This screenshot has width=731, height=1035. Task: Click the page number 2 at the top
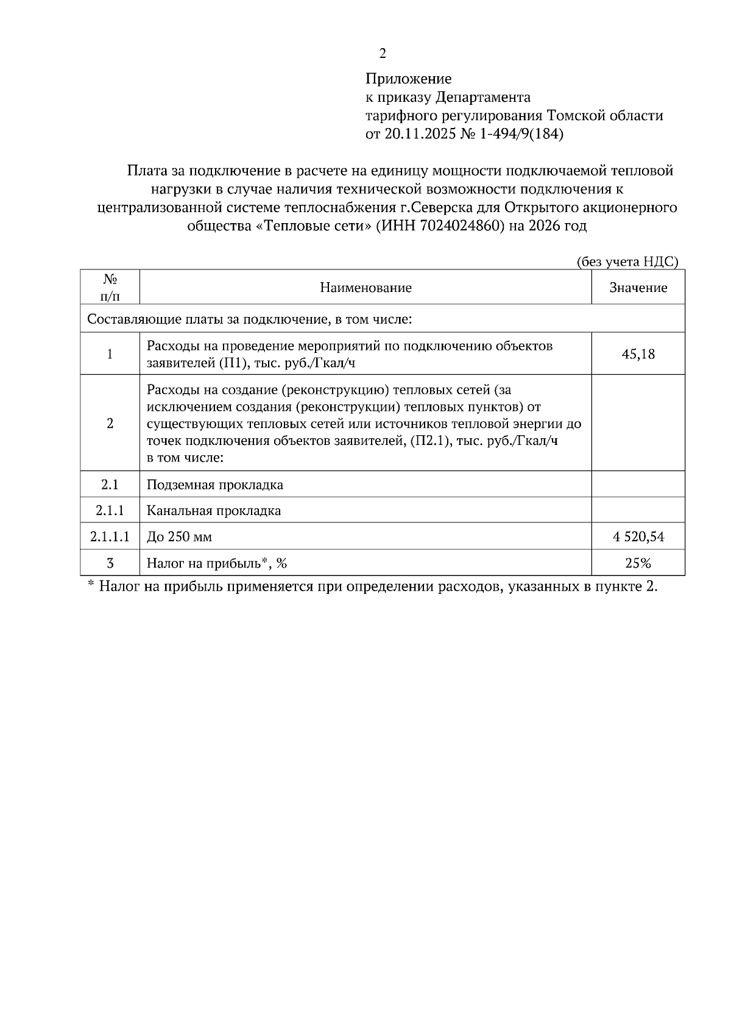(383, 54)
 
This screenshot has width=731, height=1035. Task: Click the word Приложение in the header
(408, 79)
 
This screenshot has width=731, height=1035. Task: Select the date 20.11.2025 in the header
(420, 134)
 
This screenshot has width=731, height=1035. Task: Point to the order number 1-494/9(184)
(520, 134)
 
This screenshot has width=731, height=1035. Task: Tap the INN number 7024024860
(462, 226)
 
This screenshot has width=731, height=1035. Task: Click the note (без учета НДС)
(627, 261)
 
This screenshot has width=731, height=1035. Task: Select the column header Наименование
(365, 288)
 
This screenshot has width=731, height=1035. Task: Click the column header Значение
(638, 288)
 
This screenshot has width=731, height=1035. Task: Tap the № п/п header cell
(110, 287)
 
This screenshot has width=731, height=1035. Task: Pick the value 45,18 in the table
(638, 354)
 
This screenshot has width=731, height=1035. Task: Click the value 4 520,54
(638, 537)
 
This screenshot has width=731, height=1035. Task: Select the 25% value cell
(638, 563)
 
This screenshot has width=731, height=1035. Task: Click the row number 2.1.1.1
(110, 537)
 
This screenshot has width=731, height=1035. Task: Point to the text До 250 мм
(179, 537)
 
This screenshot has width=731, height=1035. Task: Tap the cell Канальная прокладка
(214, 511)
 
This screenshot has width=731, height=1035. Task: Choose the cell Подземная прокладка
(215, 485)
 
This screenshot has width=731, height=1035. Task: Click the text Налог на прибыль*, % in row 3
(216, 563)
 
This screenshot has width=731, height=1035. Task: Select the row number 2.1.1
(110, 511)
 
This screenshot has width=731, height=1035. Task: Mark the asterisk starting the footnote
(90, 585)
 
